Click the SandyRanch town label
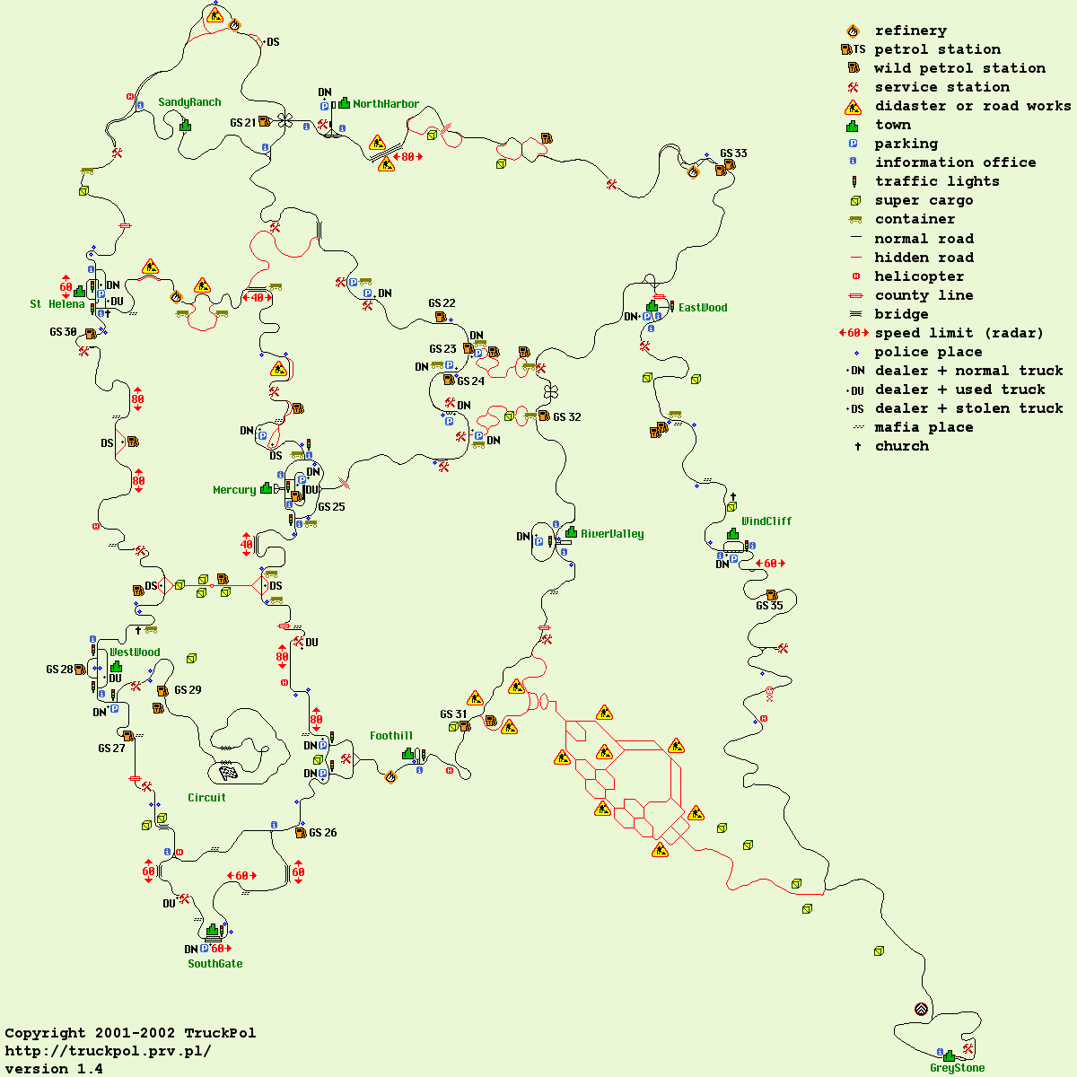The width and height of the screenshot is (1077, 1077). tap(189, 102)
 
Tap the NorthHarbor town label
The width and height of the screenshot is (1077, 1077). tap(386, 104)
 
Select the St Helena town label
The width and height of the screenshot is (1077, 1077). tap(57, 304)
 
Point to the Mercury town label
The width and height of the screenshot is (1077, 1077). tap(234, 490)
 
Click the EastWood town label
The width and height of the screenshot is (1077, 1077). tap(703, 308)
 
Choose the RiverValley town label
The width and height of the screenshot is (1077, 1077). tap(612, 534)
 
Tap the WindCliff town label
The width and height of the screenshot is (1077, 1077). tap(766, 521)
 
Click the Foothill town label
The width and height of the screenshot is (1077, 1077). tap(391, 736)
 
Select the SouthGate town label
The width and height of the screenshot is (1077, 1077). tap(215, 964)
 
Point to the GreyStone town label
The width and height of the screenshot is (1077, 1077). tap(957, 1068)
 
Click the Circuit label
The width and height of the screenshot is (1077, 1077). tap(206, 798)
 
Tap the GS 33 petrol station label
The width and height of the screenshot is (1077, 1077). tap(733, 153)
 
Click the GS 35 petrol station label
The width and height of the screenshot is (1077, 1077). tap(769, 606)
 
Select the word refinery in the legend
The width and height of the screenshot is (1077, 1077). tap(910, 31)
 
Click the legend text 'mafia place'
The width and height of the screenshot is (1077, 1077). tap(924, 427)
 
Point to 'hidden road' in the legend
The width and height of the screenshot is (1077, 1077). tap(924, 258)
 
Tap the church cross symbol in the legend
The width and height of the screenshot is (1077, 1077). tap(857, 446)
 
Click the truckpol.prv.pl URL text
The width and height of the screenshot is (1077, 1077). tap(109, 1051)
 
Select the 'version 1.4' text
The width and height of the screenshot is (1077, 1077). tap(54, 1069)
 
